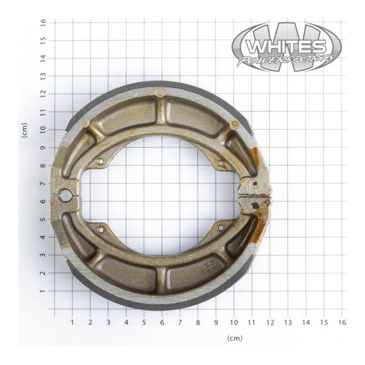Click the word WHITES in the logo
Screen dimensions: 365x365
click(286, 47)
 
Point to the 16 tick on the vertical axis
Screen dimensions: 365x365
click(43, 21)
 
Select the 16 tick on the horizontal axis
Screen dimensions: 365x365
click(342, 322)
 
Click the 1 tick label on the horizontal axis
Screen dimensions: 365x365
click(72, 322)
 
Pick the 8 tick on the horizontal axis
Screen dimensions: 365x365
click(198, 322)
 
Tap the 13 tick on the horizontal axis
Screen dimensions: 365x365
click(288, 322)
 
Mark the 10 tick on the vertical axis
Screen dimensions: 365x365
click(43, 130)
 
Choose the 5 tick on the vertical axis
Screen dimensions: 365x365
click(43, 220)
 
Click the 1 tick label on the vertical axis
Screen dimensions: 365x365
click(43, 291)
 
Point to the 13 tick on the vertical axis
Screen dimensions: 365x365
click(43, 76)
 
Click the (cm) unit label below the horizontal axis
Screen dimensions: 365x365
click(234, 339)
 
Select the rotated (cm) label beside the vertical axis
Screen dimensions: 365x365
click(25, 130)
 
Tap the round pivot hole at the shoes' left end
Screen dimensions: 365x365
click(65, 196)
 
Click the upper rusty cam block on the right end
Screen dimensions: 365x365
click(254, 186)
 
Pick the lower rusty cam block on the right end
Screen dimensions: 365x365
click(254, 203)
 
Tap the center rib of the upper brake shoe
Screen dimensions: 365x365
click(161, 110)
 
